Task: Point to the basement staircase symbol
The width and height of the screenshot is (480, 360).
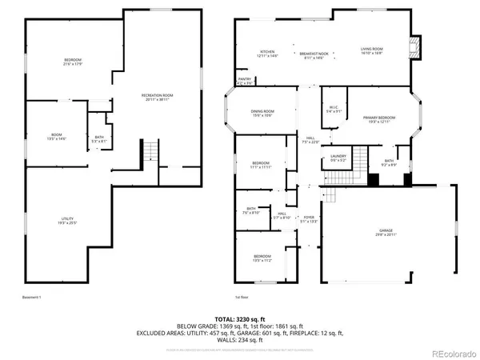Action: (x=150, y=150)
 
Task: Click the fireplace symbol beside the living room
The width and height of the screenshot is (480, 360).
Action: (x=414, y=47)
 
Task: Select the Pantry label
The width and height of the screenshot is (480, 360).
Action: (x=244, y=81)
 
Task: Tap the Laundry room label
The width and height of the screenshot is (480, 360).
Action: (x=338, y=158)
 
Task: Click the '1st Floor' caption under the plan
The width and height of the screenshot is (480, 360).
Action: (x=243, y=297)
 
